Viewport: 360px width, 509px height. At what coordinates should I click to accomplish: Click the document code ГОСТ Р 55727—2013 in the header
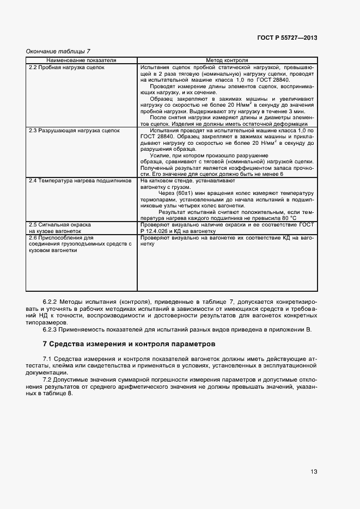click(288, 38)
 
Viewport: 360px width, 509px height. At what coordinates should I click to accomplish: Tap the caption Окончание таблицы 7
click(58, 51)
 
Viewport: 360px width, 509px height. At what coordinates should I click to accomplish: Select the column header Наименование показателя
click(81, 60)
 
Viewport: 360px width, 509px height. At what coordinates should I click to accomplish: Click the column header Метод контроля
click(227, 60)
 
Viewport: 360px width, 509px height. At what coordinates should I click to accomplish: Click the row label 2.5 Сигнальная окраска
click(59, 224)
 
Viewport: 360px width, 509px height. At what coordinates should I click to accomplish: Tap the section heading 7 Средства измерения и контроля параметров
click(129, 344)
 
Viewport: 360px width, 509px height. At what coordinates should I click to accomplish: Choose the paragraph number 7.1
click(47, 359)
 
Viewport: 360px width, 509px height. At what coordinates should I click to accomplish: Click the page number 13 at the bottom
click(314, 471)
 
